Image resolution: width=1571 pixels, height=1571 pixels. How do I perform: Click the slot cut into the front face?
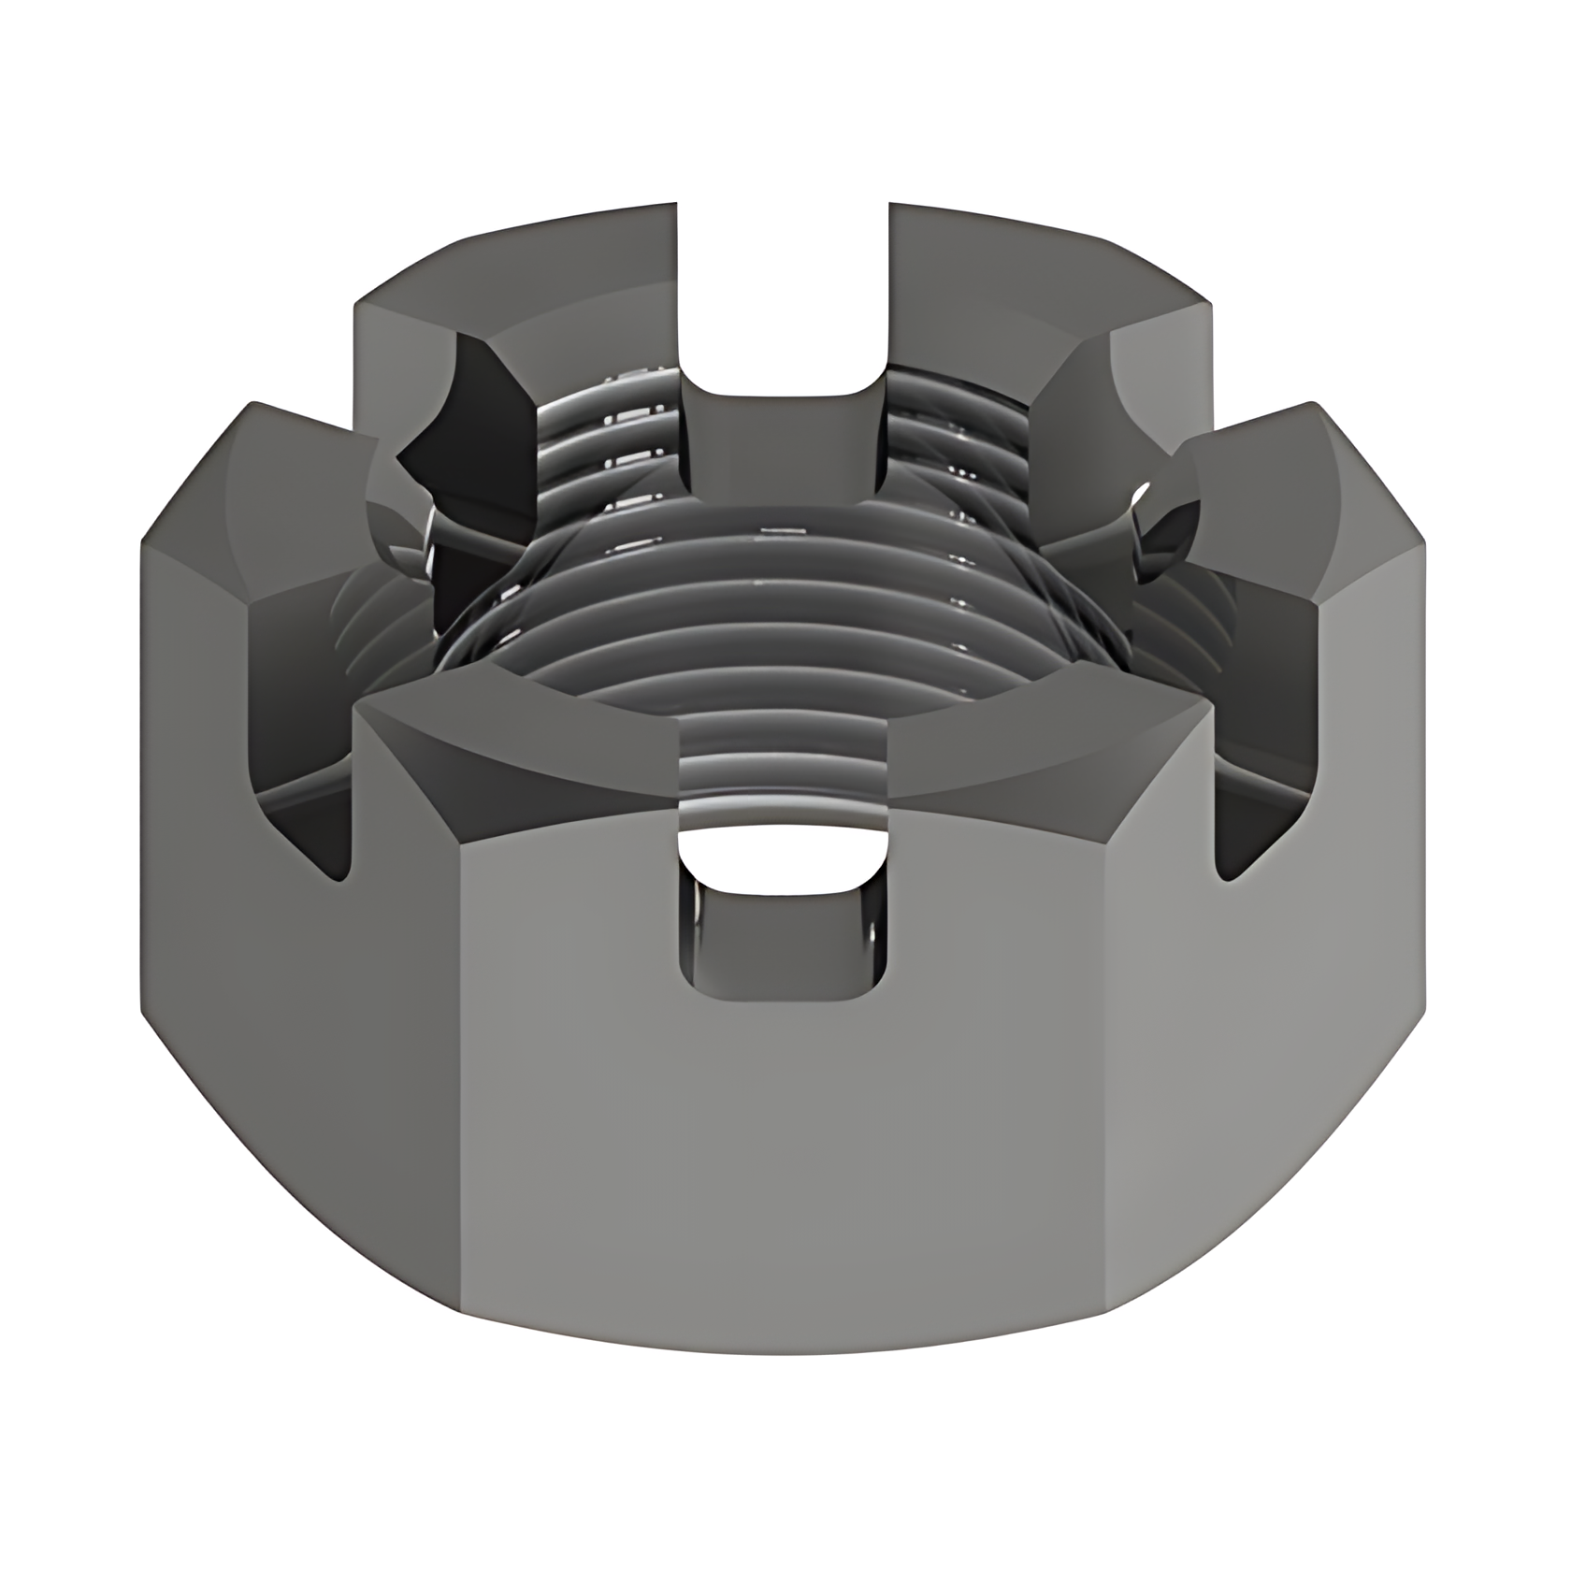[782, 916]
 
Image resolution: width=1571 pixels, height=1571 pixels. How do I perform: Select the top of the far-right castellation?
[1309, 486]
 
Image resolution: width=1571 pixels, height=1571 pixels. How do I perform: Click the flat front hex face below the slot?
[782, 1169]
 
